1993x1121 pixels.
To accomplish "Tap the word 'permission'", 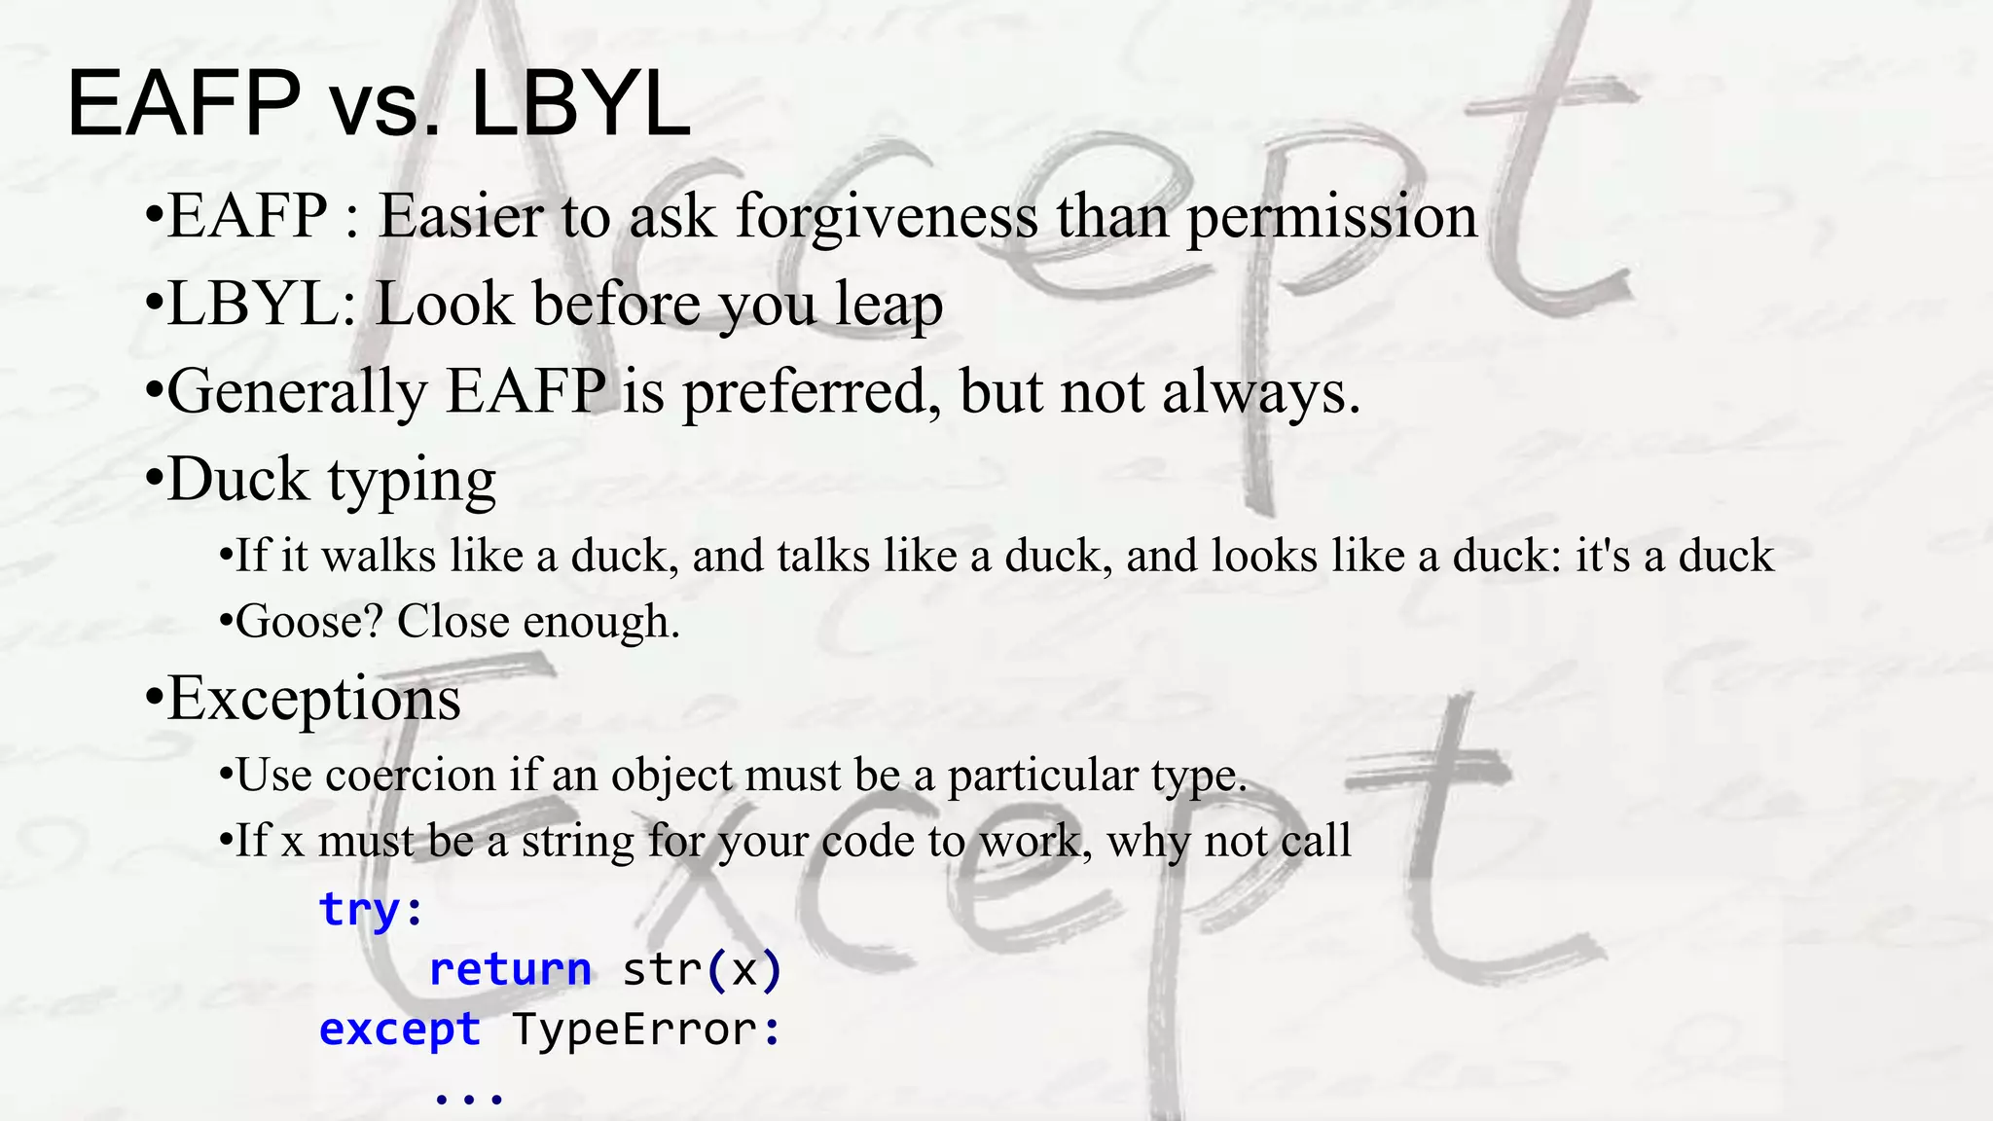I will click(x=1331, y=216).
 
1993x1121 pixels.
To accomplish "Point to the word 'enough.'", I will click(x=601, y=622).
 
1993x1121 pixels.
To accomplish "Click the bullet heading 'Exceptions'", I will click(x=313, y=699).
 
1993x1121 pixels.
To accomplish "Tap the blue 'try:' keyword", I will click(x=371, y=910).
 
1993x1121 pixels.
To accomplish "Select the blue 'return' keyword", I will click(x=510, y=970).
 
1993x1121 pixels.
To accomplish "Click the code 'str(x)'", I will click(x=702, y=970).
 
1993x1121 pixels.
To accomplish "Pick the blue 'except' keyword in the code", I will click(x=400, y=1030).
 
